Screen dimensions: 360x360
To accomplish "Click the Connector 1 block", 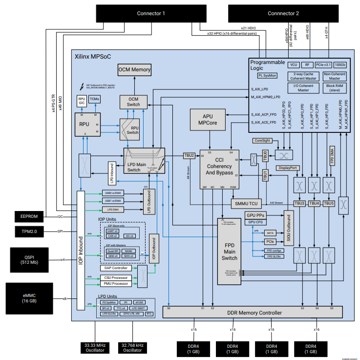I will (x=151, y=13).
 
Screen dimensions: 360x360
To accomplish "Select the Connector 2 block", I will (x=283, y=13).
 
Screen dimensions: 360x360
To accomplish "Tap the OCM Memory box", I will (x=134, y=70).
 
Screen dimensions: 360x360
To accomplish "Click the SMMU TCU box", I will (x=246, y=203).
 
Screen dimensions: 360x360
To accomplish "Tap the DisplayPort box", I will (x=288, y=168).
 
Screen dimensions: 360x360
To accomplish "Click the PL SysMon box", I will (x=267, y=75).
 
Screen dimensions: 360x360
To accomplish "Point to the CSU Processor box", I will (x=116, y=277).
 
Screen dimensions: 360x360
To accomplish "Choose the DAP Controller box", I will (x=116, y=268).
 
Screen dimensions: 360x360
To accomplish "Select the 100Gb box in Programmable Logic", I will (x=339, y=64).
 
